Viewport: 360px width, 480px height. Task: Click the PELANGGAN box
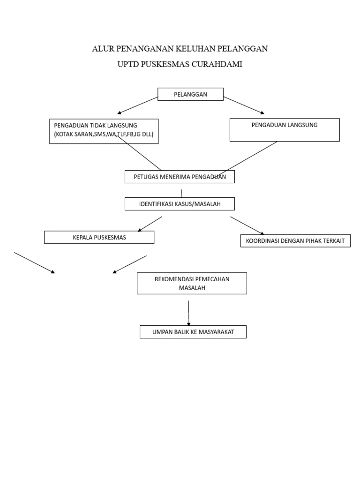point(190,94)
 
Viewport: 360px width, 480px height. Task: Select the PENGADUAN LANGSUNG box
point(284,130)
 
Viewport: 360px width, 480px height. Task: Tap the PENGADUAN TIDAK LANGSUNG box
point(104,131)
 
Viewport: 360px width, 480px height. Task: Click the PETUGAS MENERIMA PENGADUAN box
point(180,177)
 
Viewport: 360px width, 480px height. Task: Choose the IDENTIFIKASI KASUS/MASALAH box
point(180,204)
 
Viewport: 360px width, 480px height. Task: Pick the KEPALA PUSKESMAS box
point(99,237)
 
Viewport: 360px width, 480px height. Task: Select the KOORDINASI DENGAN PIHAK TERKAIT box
point(295,241)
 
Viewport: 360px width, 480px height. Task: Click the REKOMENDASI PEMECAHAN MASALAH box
point(192,284)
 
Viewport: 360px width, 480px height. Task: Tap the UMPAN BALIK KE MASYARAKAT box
point(193,332)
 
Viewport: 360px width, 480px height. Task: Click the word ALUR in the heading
point(103,49)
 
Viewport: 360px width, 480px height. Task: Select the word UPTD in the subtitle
point(127,65)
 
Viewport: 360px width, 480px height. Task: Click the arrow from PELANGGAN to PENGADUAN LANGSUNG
point(244,105)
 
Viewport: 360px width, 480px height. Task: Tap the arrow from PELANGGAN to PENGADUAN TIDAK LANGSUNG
point(138,105)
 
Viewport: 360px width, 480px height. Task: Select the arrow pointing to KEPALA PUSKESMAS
point(150,224)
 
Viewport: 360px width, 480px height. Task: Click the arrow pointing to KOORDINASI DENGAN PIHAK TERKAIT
point(247,225)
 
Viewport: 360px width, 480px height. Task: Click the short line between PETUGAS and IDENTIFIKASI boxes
point(181,193)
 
